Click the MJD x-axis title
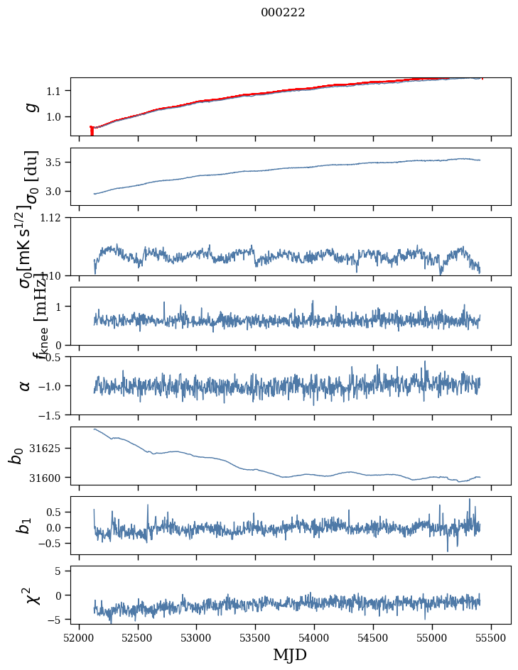(290, 655)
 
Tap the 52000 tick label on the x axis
(79, 637)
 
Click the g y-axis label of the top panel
(31, 106)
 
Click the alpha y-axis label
(26, 385)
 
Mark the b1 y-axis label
(26, 525)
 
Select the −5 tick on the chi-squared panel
(55, 620)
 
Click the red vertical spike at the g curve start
(92, 131)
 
